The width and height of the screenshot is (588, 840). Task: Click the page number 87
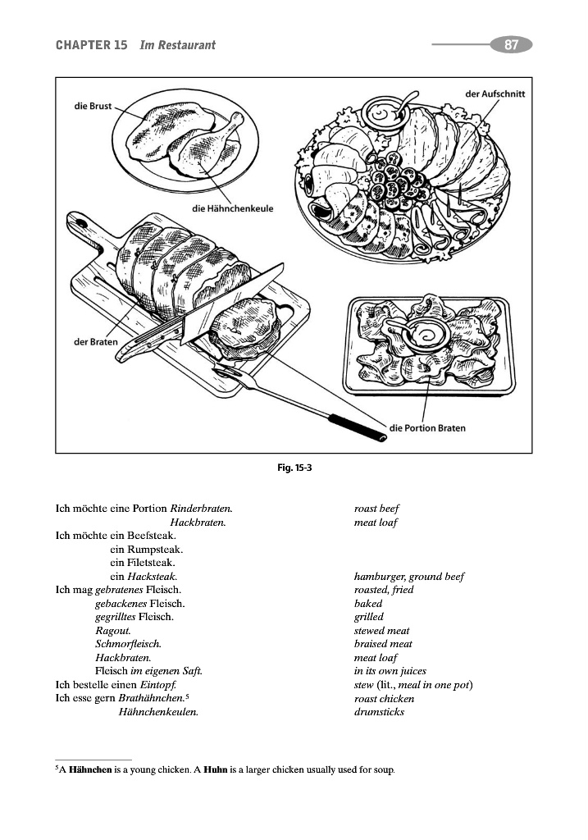point(512,44)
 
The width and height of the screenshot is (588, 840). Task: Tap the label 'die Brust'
point(93,106)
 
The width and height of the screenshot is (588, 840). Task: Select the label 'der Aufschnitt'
point(495,94)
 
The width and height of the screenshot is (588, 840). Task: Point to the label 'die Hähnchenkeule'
point(232,208)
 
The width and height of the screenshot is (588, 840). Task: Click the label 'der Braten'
point(95,342)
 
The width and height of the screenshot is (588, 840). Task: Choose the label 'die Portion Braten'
point(427,428)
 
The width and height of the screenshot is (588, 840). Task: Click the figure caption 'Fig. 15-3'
point(294,468)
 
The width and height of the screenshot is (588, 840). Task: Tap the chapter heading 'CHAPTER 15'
point(92,45)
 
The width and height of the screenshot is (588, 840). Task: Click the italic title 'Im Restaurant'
point(177,45)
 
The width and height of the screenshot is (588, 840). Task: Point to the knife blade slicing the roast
point(233,304)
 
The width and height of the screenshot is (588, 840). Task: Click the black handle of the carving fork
point(357,428)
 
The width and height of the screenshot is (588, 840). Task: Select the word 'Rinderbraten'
point(201,509)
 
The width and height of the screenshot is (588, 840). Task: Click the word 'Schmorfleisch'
point(128,644)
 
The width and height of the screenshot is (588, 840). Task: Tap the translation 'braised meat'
point(383,644)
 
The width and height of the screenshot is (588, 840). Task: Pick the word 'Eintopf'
point(158,685)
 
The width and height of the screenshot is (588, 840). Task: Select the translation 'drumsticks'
point(379,712)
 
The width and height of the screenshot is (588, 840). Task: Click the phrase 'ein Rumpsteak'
point(146,549)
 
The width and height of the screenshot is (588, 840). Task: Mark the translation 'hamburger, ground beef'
point(408,577)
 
